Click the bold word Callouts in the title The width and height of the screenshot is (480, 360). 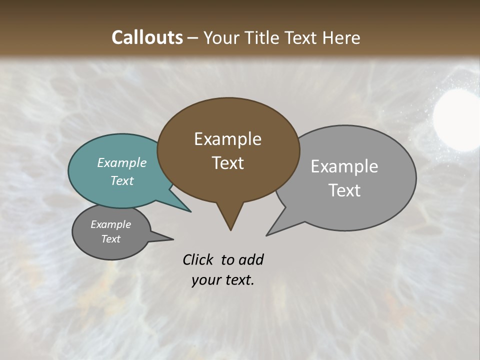(x=147, y=37)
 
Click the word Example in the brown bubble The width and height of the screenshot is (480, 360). (x=227, y=139)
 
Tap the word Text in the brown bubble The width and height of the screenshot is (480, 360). (x=227, y=163)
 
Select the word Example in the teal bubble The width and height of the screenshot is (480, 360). (x=122, y=163)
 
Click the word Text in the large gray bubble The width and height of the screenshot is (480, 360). (x=344, y=190)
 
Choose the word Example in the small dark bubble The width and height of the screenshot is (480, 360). (x=111, y=225)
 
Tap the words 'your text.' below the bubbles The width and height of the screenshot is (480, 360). (x=223, y=280)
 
